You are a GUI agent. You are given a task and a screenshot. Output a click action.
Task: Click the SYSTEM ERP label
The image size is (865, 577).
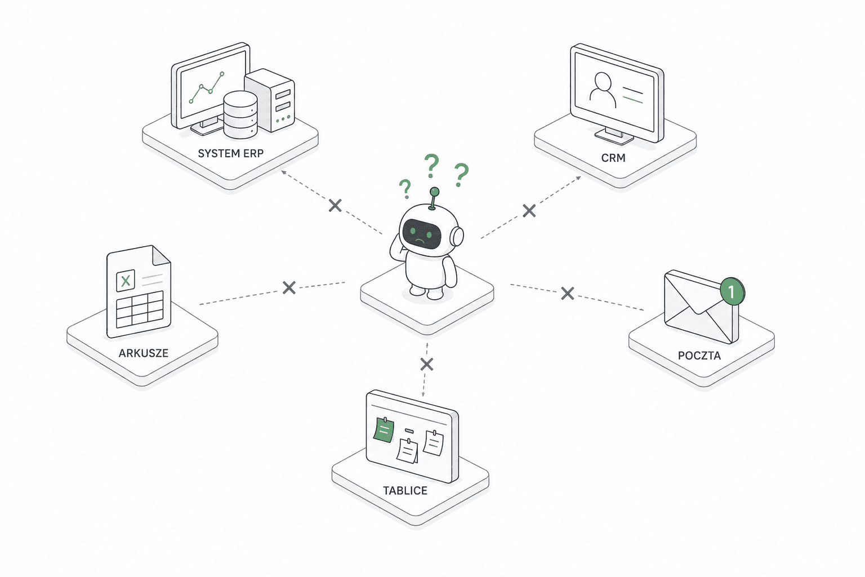[230, 153]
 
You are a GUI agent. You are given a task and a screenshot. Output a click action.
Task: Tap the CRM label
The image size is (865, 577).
[613, 158]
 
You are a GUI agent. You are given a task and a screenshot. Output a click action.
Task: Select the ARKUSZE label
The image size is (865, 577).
[143, 353]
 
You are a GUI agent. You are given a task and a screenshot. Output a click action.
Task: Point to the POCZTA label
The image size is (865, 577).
[699, 356]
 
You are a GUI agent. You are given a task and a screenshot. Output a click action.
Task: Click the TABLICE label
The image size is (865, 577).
[405, 490]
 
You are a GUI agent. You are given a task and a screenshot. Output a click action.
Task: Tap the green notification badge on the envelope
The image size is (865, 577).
[732, 291]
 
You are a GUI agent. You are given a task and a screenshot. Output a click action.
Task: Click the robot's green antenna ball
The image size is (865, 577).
[434, 192]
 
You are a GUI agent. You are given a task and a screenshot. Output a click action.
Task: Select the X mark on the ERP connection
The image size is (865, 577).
[335, 206]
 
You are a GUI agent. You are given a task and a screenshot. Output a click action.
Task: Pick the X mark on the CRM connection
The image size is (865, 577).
[529, 211]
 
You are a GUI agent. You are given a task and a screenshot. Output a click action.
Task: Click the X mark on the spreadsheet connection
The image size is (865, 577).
[289, 287]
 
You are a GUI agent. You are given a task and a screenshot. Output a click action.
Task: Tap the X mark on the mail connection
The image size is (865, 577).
[567, 294]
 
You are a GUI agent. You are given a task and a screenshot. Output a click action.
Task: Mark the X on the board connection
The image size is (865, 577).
[427, 364]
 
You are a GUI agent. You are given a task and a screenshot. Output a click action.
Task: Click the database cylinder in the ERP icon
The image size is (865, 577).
[240, 114]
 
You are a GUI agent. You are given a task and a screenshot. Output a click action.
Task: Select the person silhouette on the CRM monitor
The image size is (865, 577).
[603, 90]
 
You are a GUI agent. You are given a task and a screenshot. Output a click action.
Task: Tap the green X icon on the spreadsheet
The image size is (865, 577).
[126, 280]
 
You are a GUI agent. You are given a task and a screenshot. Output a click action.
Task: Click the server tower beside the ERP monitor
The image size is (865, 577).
[270, 100]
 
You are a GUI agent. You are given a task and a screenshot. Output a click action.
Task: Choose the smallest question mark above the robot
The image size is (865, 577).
[405, 189]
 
